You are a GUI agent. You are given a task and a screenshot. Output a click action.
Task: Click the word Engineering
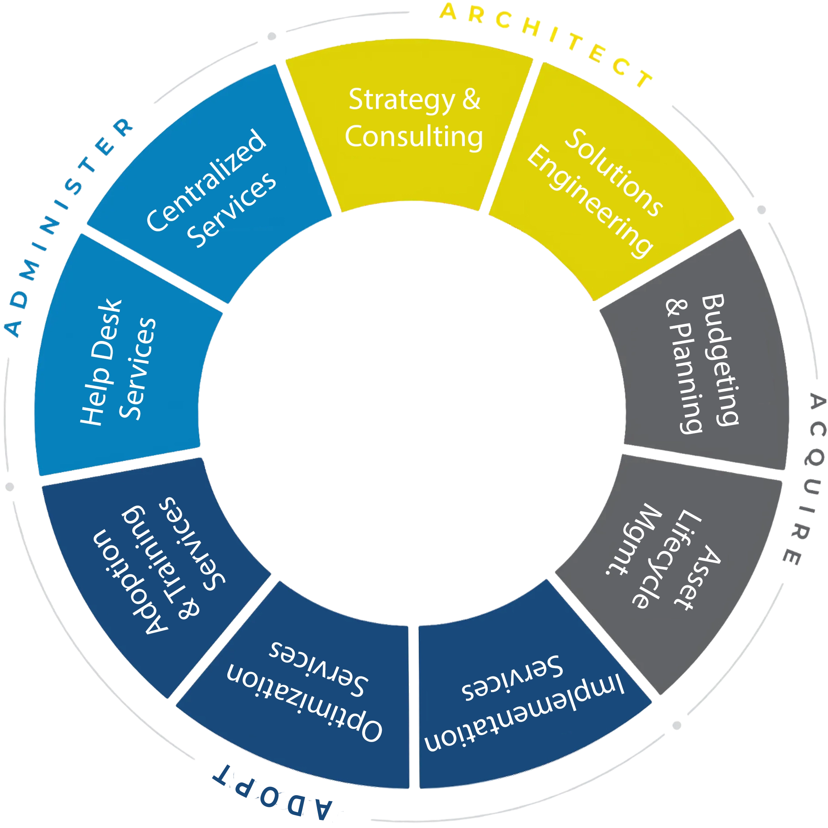click(589, 201)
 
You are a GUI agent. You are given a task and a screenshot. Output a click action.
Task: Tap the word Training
click(154, 557)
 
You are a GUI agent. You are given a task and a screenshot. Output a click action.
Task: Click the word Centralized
click(206, 180)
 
